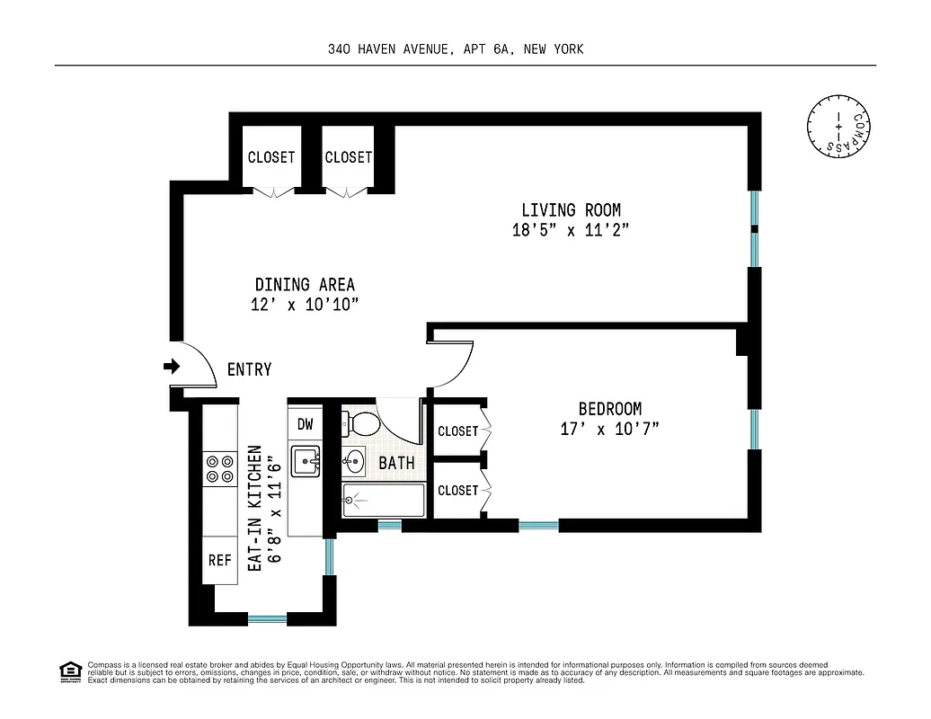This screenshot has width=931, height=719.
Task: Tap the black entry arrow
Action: click(172, 367)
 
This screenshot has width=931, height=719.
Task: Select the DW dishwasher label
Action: click(304, 423)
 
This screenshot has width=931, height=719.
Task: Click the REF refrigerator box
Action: click(220, 560)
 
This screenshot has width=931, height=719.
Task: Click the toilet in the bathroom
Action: click(364, 422)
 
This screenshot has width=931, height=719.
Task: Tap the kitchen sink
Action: click(306, 462)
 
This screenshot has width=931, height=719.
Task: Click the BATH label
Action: click(396, 464)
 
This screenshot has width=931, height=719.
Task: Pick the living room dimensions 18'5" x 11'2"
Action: click(570, 230)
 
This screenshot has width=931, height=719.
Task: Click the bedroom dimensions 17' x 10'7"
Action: click(609, 429)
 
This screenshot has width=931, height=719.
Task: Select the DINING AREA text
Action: click(305, 285)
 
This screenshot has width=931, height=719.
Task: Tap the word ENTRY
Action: click(249, 369)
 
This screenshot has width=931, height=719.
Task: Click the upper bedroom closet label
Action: click(457, 431)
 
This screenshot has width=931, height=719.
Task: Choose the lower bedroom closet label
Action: click(457, 491)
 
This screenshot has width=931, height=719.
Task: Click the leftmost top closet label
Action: click(270, 157)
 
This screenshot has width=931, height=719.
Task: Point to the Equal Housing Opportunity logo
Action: click(70, 670)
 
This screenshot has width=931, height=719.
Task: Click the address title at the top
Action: click(456, 49)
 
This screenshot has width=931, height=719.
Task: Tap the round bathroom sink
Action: click(353, 463)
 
